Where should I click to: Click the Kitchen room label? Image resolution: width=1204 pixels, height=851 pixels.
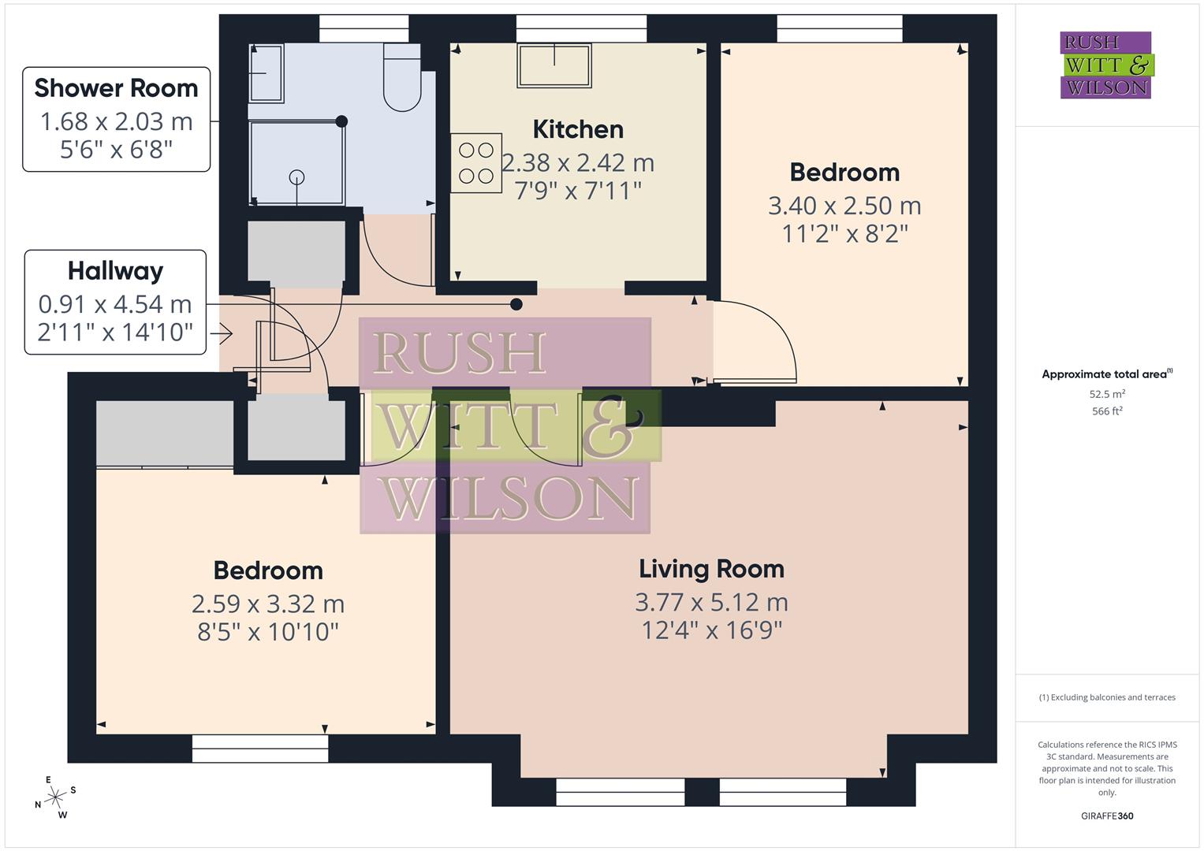[x=578, y=129]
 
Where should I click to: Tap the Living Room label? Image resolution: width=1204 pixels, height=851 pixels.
[x=711, y=569]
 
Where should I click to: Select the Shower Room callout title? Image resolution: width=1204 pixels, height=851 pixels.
[x=116, y=88]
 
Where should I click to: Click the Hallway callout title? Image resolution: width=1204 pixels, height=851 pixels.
[x=115, y=271]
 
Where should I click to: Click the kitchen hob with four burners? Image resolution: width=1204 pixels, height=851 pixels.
[x=476, y=163]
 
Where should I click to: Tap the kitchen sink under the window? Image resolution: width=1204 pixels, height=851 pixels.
[x=554, y=65]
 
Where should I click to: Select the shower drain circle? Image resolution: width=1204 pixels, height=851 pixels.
[x=296, y=177]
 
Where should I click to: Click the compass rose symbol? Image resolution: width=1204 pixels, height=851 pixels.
[x=54, y=797]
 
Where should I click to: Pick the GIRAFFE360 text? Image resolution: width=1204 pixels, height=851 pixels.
[x=1107, y=816]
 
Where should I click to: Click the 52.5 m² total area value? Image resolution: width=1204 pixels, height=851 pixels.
[x=1107, y=394]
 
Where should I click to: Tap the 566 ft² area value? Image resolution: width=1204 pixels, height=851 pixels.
[x=1107, y=411]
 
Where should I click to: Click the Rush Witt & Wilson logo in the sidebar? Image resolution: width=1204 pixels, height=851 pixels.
[x=1105, y=65]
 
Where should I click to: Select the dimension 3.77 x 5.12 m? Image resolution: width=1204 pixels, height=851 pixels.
[x=711, y=603]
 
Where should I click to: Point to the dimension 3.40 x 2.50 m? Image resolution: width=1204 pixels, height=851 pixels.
[x=844, y=206]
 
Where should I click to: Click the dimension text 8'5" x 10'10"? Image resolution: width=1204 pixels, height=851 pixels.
[x=268, y=632]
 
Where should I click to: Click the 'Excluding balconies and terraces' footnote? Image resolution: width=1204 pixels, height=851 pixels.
[x=1107, y=697]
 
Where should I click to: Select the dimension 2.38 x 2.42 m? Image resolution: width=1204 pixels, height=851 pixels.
[x=578, y=163]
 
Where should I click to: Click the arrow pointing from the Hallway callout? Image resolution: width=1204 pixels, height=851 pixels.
[x=222, y=335]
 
